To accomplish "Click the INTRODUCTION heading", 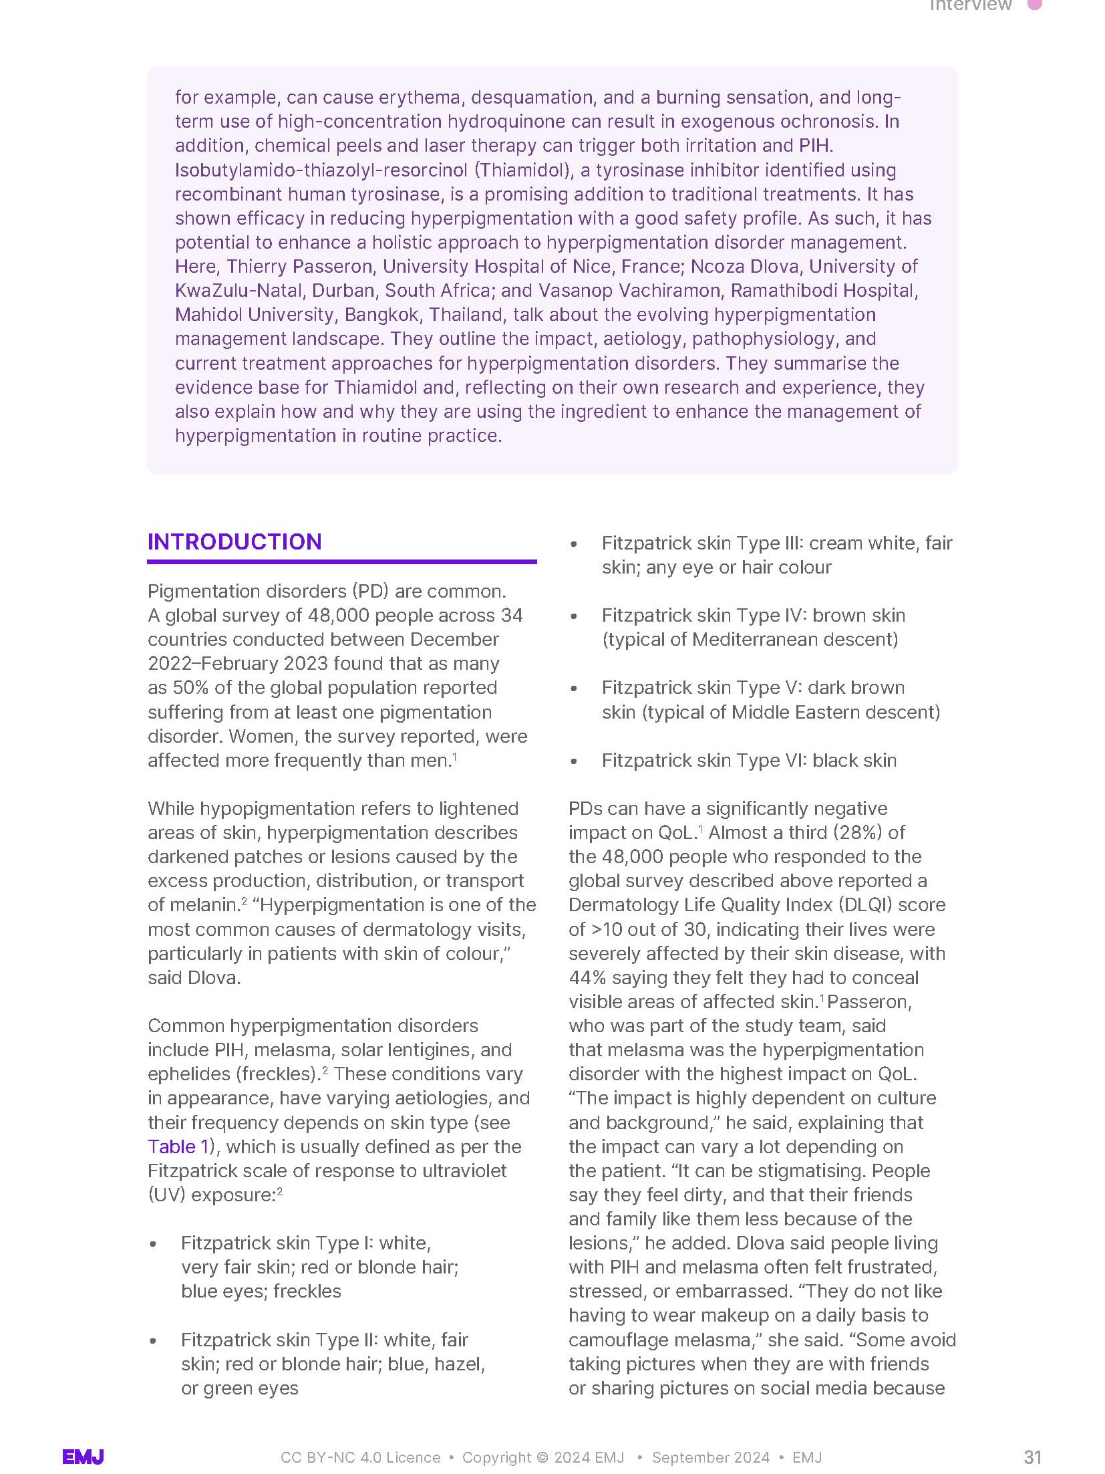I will coord(234,541).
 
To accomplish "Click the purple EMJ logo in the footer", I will coord(83,1457).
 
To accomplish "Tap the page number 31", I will coord(1032,1457).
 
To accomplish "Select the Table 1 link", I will coord(178,1146).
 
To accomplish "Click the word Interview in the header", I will coord(971,5).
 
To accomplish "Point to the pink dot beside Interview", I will coord(1034,5).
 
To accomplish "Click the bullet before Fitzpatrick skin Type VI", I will coord(573,761).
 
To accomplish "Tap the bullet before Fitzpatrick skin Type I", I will coord(153,1244).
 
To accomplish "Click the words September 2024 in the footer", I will coord(710,1457).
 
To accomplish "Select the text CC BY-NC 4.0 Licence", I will coord(360,1457).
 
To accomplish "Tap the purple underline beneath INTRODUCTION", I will coord(341,562).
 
